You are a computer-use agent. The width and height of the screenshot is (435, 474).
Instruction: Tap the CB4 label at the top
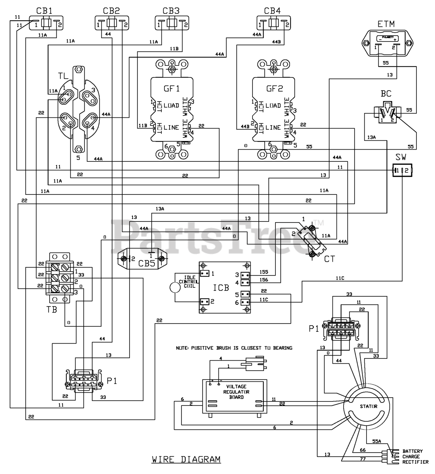[272, 10]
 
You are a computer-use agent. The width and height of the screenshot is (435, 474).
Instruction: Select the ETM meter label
[386, 24]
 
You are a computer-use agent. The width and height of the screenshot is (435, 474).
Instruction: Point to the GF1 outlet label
[171, 89]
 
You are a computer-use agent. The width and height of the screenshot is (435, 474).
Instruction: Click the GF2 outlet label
[274, 89]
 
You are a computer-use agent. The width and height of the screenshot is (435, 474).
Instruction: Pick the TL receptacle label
[63, 76]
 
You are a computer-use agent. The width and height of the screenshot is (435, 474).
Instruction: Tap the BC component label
[386, 94]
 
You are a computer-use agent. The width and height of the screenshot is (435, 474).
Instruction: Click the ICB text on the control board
[221, 287]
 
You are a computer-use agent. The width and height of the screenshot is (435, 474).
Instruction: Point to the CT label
[329, 259]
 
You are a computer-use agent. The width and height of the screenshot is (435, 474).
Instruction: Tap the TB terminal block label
[52, 309]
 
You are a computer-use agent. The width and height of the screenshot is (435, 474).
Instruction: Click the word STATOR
[369, 406]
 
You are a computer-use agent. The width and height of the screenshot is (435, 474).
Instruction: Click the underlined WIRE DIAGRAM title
[186, 460]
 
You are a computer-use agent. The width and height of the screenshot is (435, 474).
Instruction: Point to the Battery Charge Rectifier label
[415, 457]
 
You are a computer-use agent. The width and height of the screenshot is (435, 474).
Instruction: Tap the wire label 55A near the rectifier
[377, 441]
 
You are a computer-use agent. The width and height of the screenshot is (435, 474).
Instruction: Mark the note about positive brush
[234, 348]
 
